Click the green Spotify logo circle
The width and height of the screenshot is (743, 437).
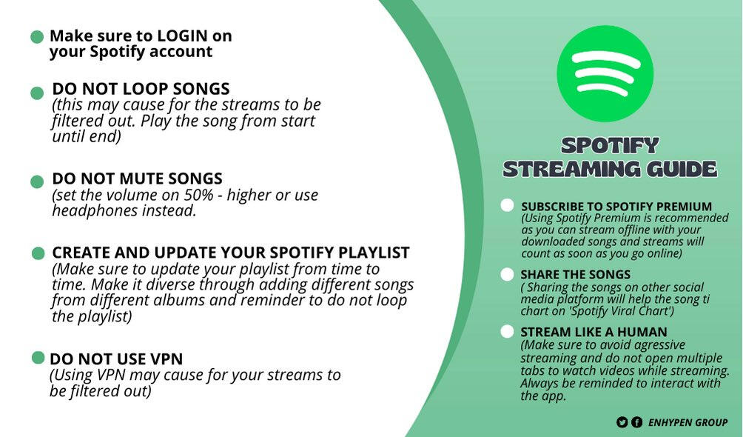[605, 73]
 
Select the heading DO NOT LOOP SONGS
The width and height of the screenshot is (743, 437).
[141, 89]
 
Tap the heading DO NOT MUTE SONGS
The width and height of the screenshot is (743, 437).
[137, 179]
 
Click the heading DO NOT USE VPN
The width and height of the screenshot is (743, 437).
[116, 359]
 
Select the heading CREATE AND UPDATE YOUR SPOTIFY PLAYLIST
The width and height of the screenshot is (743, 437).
[230, 253]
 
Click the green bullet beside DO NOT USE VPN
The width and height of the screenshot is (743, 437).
[38, 358]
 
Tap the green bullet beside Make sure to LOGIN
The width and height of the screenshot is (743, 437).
[36, 37]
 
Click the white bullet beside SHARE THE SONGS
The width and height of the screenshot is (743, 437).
[507, 275]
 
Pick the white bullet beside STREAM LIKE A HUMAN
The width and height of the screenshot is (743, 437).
[507, 331]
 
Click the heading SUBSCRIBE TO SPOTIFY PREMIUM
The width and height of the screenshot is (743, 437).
[616, 207]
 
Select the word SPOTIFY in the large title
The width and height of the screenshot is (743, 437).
[609, 144]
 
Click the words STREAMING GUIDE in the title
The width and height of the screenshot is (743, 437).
[609, 168]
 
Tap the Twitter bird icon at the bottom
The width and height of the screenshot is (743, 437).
[622, 422]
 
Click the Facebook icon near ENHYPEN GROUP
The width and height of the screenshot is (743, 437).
[636, 422]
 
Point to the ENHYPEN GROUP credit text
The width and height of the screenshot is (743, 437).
[687, 422]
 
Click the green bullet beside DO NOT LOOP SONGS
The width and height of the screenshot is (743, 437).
[37, 93]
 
